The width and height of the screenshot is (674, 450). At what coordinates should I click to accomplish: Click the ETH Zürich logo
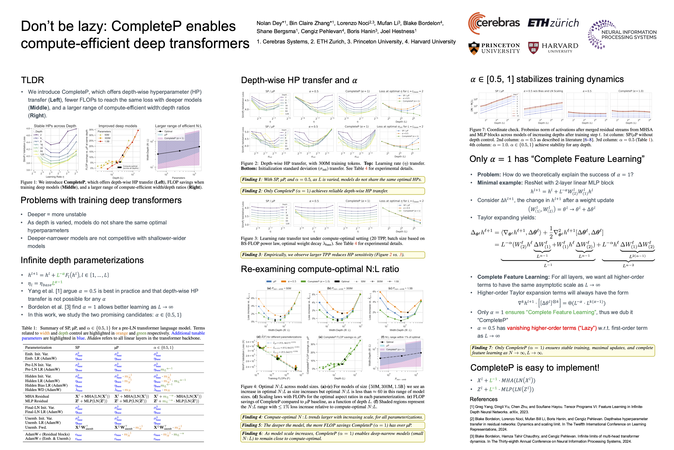point(553,23)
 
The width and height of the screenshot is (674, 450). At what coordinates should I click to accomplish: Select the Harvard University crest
point(533,48)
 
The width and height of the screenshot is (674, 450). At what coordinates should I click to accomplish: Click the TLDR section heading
point(32,80)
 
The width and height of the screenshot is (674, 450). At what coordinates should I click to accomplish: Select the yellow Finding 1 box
point(332,180)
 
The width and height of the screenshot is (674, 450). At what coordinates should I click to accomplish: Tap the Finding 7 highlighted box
point(562,350)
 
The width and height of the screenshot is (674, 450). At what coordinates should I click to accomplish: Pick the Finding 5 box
point(332,425)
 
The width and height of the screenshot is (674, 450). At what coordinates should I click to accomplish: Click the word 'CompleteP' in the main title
point(173,26)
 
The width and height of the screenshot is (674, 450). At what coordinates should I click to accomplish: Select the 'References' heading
point(484,399)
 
